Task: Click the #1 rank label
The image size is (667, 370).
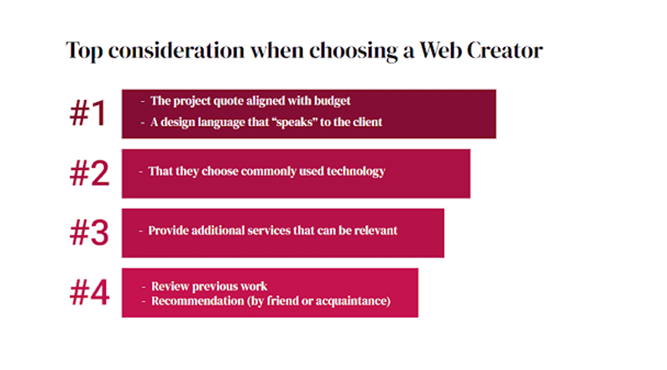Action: pyautogui.click(x=87, y=114)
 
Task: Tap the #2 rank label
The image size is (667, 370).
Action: pyautogui.click(x=89, y=173)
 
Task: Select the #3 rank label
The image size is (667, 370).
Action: pyautogui.click(x=89, y=233)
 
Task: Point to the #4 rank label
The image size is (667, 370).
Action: pyautogui.click(x=89, y=293)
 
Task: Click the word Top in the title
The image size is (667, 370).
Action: pyautogui.click(x=84, y=51)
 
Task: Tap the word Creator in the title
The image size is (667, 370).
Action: pyautogui.click(x=505, y=50)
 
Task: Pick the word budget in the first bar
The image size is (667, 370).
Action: pyautogui.click(x=332, y=101)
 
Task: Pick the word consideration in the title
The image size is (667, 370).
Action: pyautogui.click(x=176, y=50)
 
